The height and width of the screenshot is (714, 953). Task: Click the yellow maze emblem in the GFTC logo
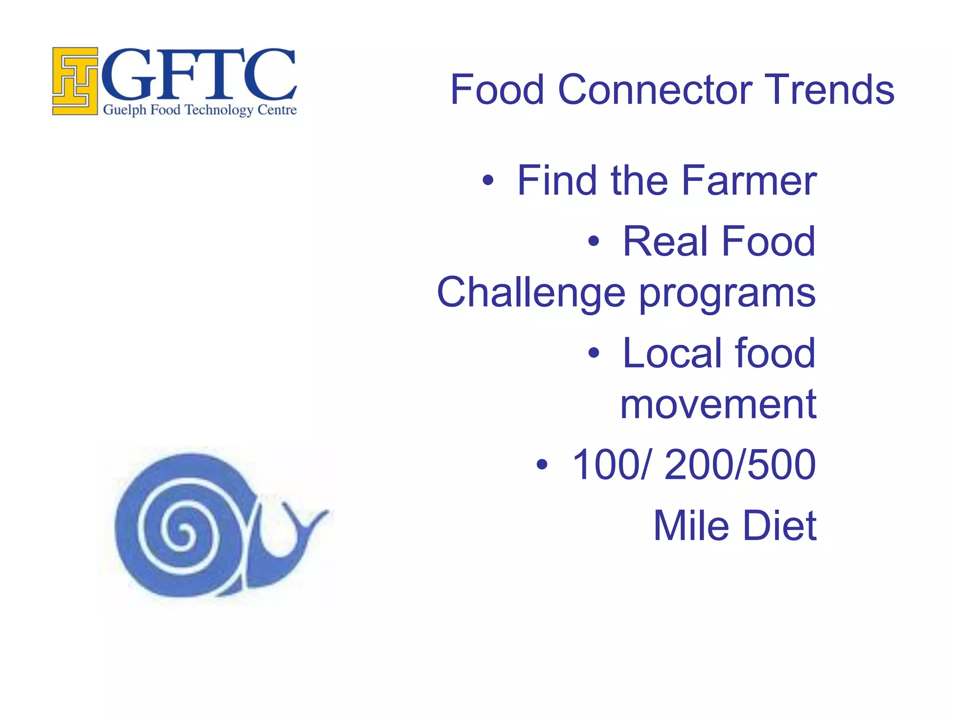click(75, 81)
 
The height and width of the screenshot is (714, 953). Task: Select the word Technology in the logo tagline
click(219, 110)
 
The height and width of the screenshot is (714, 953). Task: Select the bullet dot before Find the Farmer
click(487, 181)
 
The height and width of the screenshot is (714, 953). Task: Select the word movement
click(718, 404)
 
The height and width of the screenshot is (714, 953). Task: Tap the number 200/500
click(740, 464)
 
